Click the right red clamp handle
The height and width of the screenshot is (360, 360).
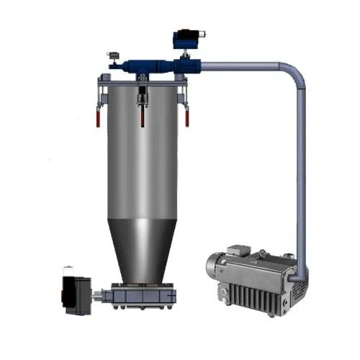[x=186, y=117]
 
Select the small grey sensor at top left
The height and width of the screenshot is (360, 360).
[x=113, y=55]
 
